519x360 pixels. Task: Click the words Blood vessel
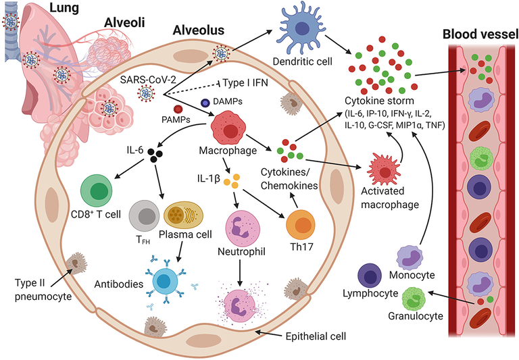(x=476, y=34)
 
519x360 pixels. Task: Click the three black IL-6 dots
(x=156, y=156)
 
